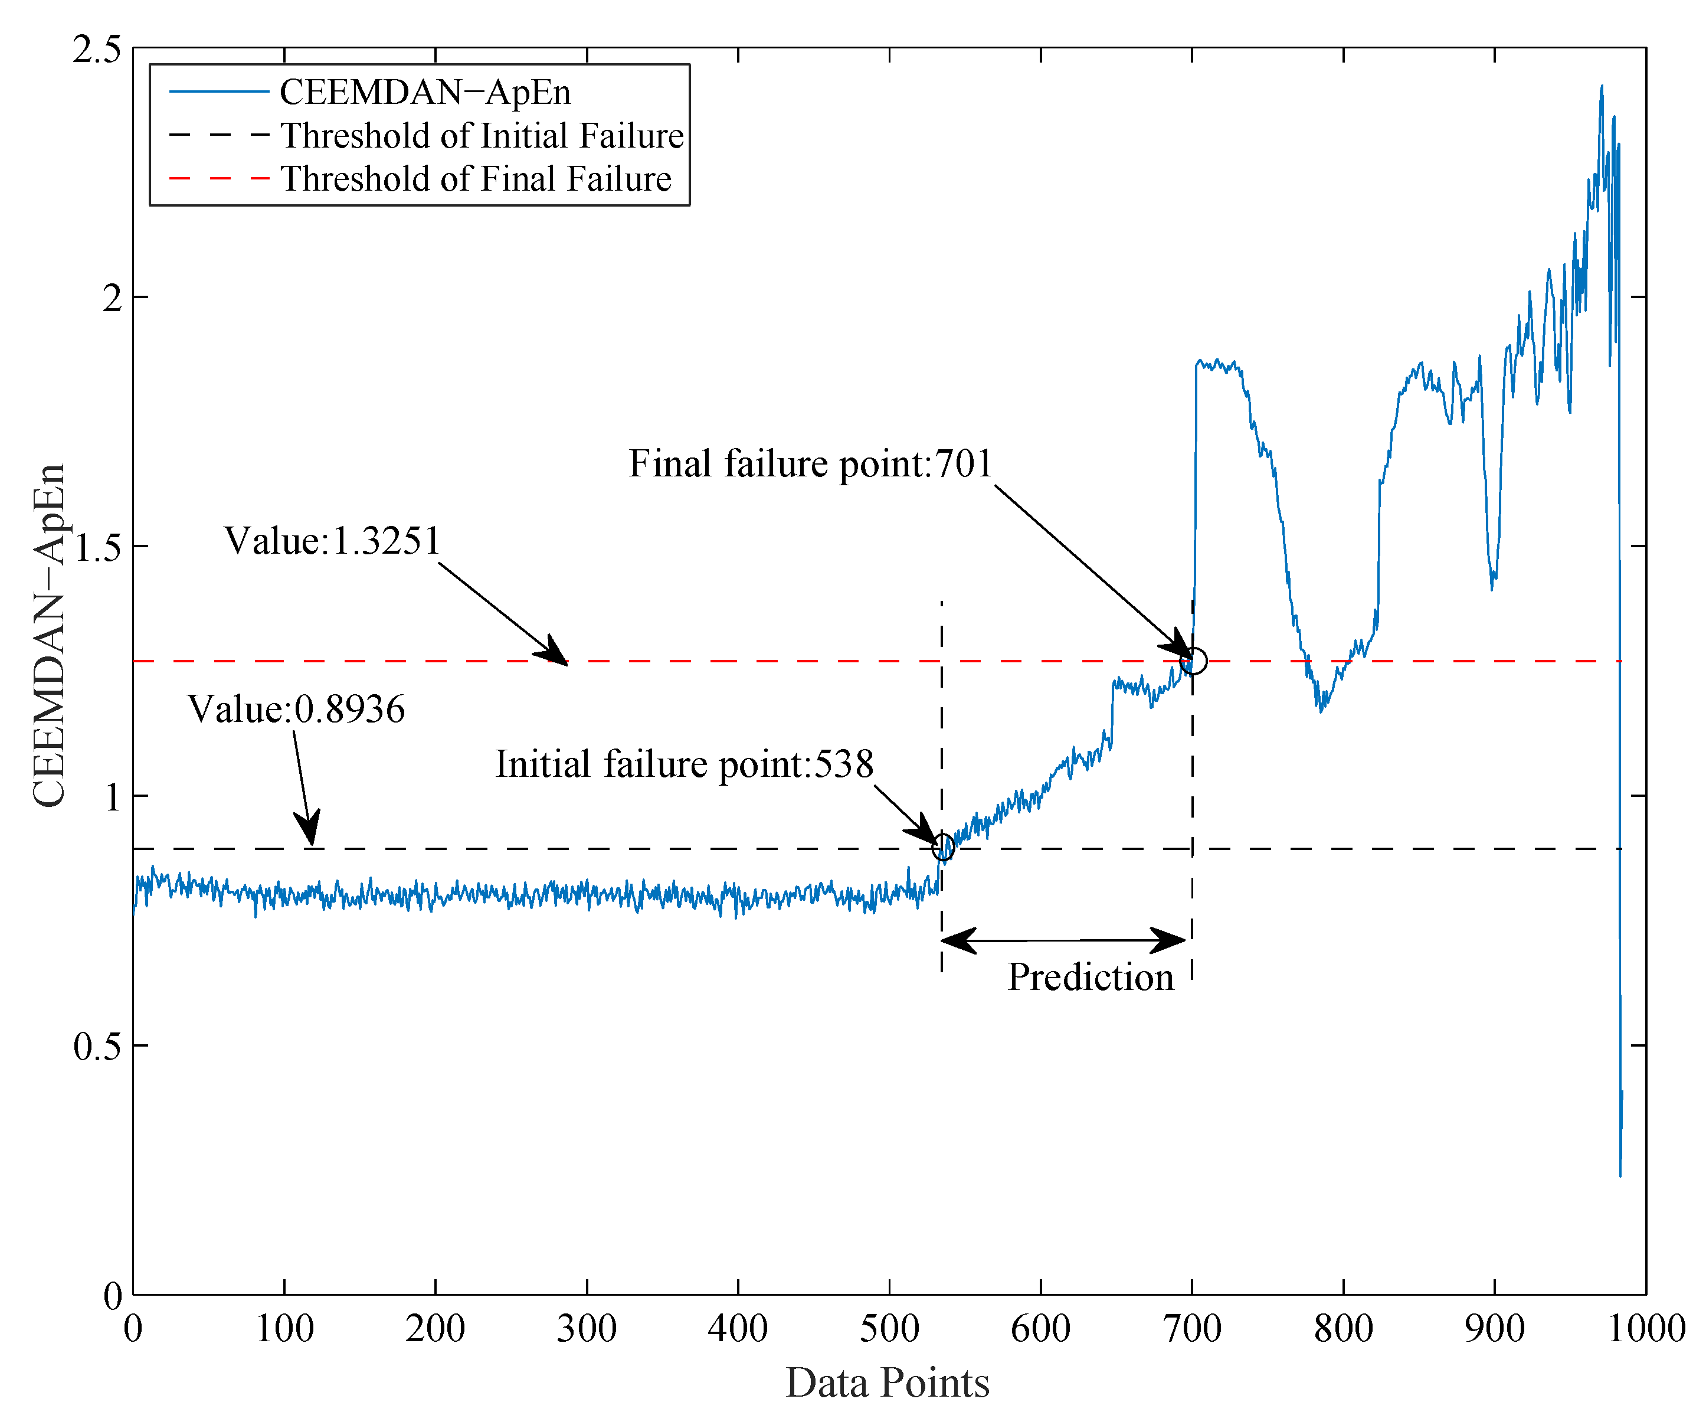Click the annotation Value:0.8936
pyautogui.click(x=296, y=709)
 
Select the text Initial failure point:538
pyautogui.click(x=684, y=764)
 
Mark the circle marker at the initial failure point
pyautogui.click(x=942, y=847)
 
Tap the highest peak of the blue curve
pyautogui.click(x=1601, y=87)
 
